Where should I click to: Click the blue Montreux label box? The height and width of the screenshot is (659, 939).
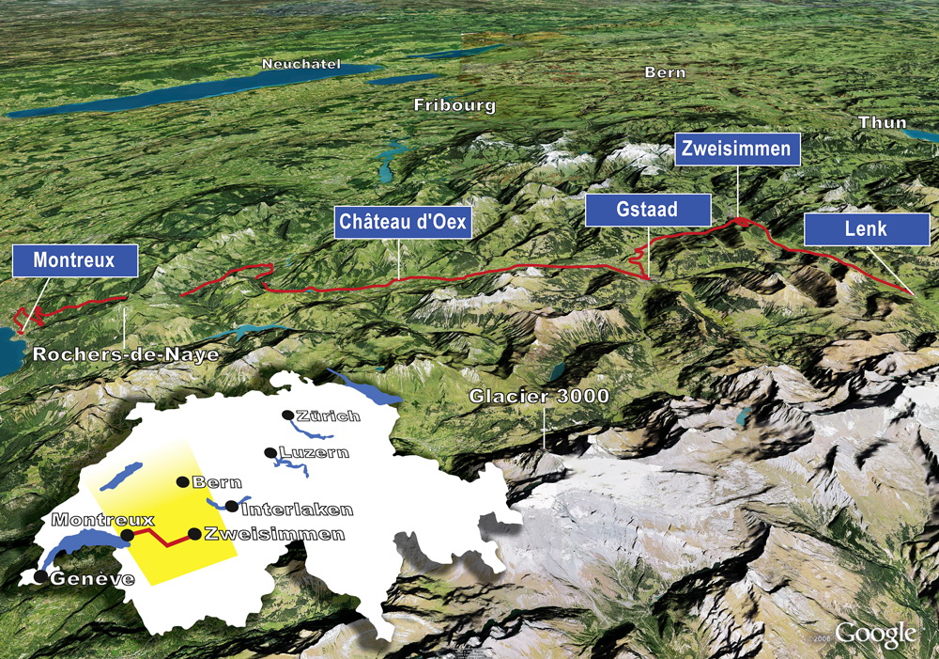coord(75,260)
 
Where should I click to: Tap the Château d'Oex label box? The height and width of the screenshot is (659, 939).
coord(404,223)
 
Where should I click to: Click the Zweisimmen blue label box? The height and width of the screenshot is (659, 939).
coord(737,149)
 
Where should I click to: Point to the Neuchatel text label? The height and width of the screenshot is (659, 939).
coord(301,66)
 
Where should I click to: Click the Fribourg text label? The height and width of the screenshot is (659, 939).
coord(454,105)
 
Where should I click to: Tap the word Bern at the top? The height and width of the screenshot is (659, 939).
coord(665,72)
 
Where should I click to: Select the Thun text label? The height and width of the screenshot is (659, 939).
coord(883,122)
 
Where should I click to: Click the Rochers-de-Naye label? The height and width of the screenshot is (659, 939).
coord(126,354)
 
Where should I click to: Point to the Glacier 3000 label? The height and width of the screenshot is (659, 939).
coord(540,397)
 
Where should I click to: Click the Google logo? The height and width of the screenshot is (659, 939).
coord(875,635)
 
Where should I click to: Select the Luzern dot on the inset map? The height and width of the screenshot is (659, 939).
coord(270,452)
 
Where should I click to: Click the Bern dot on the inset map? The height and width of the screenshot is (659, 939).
coord(182,482)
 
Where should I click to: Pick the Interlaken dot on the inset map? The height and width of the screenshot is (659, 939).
coord(232,507)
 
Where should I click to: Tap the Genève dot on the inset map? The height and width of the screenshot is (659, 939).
coord(40,576)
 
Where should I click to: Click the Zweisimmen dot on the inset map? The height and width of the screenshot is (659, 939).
coord(194,534)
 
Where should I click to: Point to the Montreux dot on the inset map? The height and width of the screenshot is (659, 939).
coord(128,534)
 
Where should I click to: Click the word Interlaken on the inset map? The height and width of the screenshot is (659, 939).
coord(297,510)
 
